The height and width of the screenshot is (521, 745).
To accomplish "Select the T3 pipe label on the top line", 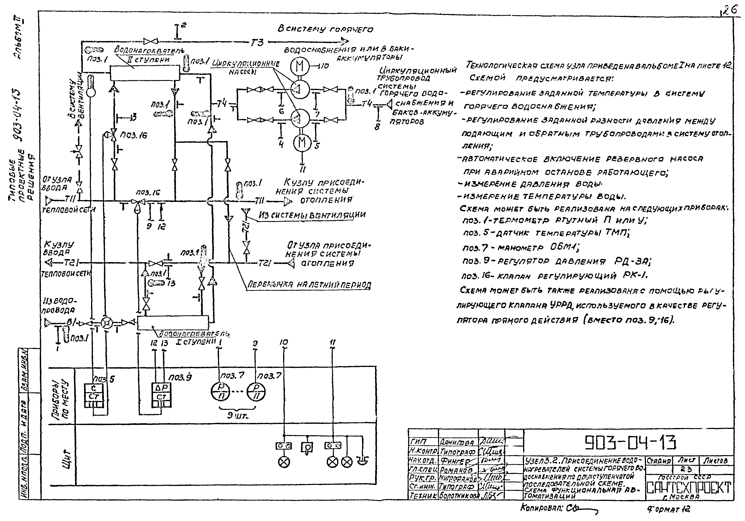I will pyautogui.click(x=257, y=42).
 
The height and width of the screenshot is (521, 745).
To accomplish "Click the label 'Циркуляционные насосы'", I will pyautogui.click(x=246, y=68).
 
